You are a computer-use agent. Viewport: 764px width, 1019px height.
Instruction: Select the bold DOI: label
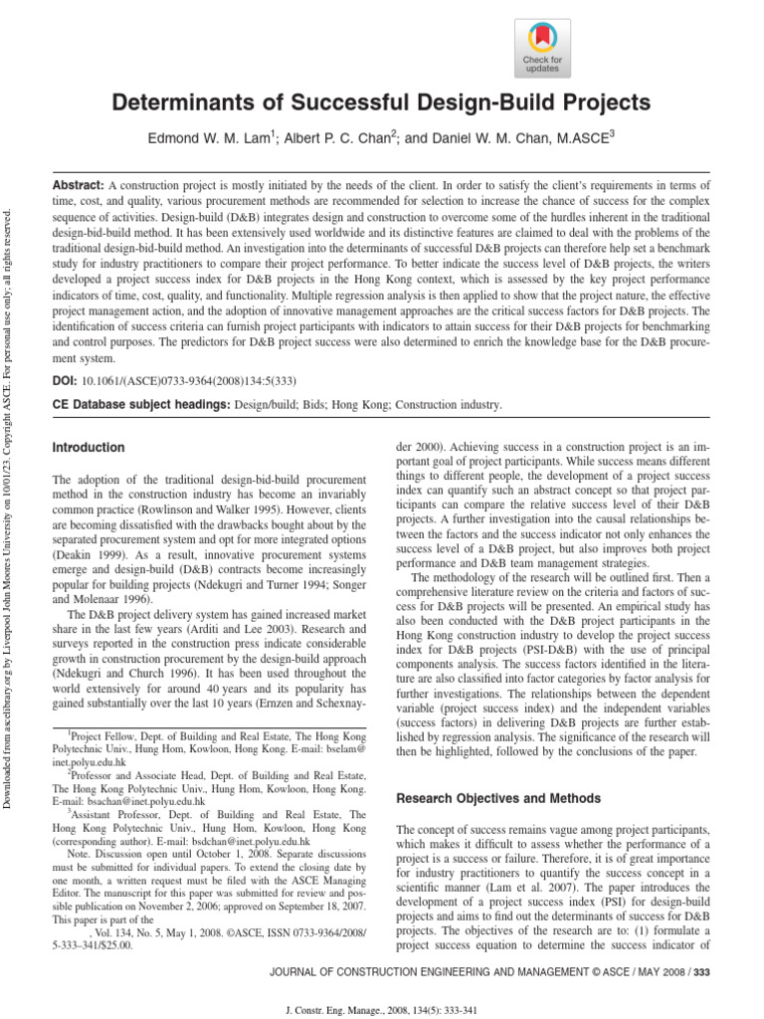click(x=66, y=380)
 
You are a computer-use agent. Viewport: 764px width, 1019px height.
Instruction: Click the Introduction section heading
click(x=89, y=448)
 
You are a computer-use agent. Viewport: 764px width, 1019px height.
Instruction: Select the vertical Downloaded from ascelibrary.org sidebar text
click(x=10, y=498)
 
